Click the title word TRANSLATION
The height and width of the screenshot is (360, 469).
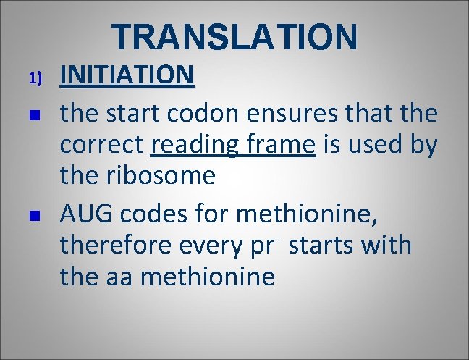[x=234, y=36]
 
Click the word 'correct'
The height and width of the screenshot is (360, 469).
[x=101, y=146]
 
